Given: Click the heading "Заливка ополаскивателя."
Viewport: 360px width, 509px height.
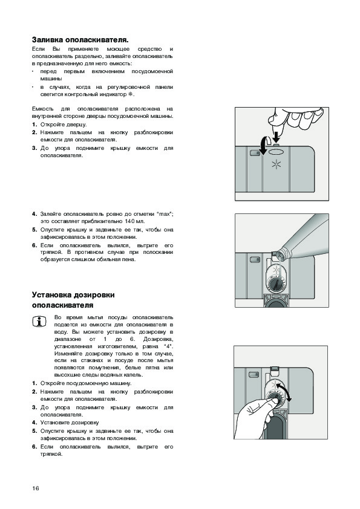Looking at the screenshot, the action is click(x=80, y=40).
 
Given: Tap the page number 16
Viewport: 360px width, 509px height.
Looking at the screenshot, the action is click(x=36, y=488).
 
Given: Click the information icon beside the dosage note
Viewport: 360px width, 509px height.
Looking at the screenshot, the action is click(x=39, y=322).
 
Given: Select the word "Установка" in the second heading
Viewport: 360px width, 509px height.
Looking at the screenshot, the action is click(x=51, y=295).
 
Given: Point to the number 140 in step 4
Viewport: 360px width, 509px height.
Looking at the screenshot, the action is click(x=129, y=221).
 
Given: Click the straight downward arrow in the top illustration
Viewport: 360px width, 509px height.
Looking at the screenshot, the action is click(x=276, y=137).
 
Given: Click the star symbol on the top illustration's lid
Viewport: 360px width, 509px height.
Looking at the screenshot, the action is click(x=276, y=165).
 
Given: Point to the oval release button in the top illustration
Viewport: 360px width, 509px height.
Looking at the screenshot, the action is click(x=276, y=152).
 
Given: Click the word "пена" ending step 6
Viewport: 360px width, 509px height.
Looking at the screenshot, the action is click(x=129, y=260).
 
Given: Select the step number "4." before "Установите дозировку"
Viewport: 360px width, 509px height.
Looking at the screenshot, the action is click(x=34, y=423).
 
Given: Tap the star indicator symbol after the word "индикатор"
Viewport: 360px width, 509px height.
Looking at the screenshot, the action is click(x=131, y=94).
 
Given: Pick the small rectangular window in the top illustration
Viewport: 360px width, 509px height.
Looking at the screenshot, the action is click(x=254, y=152).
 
